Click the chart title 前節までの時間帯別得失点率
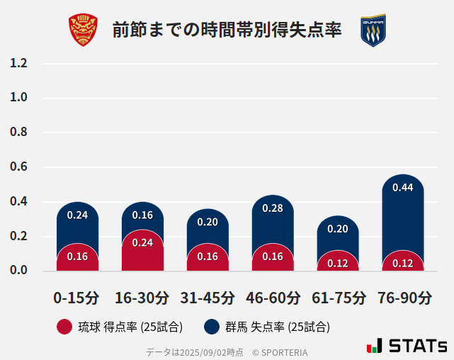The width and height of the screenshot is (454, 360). pyautogui.click(x=227, y=30)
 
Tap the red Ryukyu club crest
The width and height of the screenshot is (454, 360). pyautogui.click(x=83, y=30)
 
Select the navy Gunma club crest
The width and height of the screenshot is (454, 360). pyautogui.click(x=373, y=30)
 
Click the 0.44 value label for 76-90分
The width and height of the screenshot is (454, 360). pyautogui.click(x=402, y=188)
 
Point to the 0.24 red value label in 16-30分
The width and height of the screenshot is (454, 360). pyautogui.click(x=142, y=242)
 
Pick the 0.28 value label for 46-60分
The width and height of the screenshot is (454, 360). pyautogui.click(x=273, y=208)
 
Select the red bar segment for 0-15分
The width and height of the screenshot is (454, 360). pyautogui.click(x=77, y=258)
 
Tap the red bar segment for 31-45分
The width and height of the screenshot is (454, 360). pyautogui.click(x=208, y=258)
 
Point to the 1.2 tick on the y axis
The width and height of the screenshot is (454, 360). pyautogui.click(x=18, y=63)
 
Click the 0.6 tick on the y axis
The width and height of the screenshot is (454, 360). pyautogui.click(x=18, y=167)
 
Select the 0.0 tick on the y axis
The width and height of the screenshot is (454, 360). pyautogui.click(x=18, y=271)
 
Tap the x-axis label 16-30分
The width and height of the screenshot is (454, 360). pyautogui.click(x=142, y=298)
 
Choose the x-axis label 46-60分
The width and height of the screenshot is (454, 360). pyautogui.click(x=273, y=298)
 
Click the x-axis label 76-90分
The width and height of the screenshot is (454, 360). pyautogui.click(x=404, y=298)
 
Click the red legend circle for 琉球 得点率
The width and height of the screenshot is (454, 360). pyautogui.click(x=64, y=327)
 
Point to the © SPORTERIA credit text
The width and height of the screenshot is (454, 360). pyautogui.click(x=280, y=352)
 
